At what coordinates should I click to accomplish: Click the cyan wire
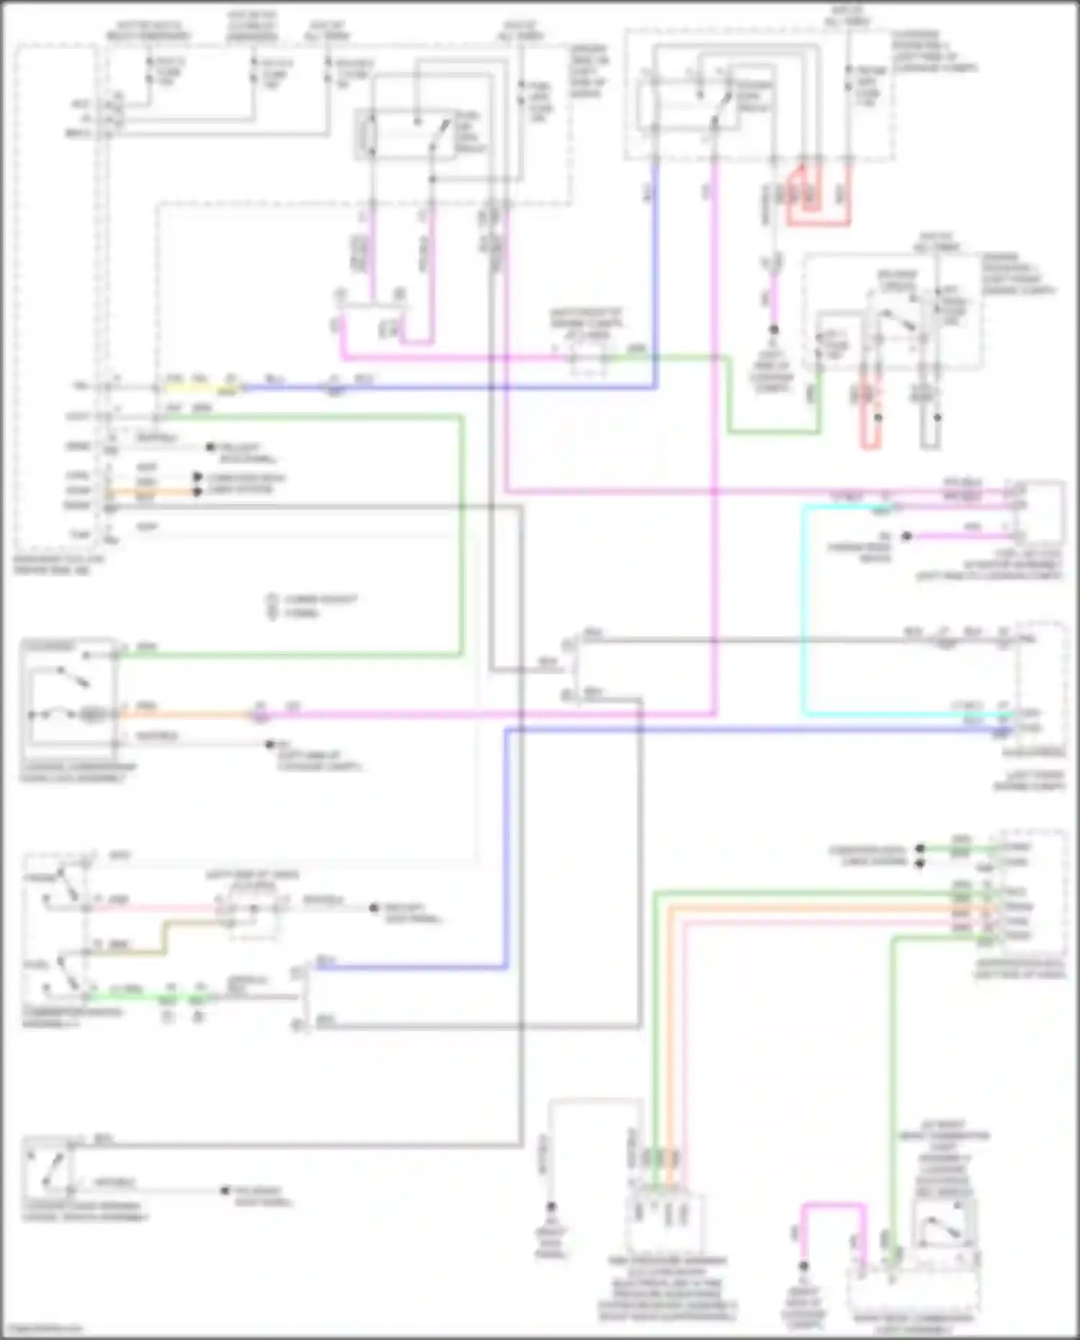(804, 612)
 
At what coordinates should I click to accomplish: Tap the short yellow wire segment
(194, 387)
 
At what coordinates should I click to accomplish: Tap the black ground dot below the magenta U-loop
(804, 1267)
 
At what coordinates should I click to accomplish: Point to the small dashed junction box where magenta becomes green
(588, 358)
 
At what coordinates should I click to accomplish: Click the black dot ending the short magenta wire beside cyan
(907, 536)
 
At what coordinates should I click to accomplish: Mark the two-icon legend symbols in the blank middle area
(272, 606)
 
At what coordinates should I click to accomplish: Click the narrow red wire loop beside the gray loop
(870, 418)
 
